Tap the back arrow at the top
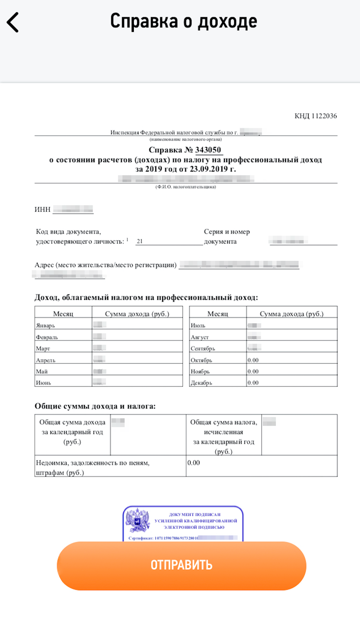tap(13, 22)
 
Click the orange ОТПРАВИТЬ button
tap(181, 565)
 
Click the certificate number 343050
tap(208, 150)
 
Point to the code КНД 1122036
tap(316, 116)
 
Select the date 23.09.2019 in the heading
tap(209, 169)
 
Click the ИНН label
tap(43, 209)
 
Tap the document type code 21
tap(140, 241)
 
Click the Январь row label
tap(45, 325)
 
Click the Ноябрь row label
tap(200, 371)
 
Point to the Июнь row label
tap(44, 382)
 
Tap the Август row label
tap(200, 337)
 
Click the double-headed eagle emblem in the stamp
tap(137, 521)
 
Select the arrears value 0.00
tap(193, 463)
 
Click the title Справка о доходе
tap(184, 21)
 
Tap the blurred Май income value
tap(100, 371)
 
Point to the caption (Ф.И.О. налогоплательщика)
tap(186, 187)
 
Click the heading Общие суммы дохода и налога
tap(95, 406)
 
